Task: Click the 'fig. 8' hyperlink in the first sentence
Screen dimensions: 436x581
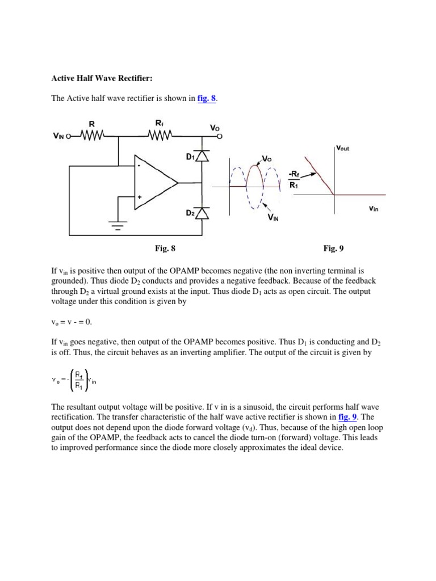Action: point(207,99)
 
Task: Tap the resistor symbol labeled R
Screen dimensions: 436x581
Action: point(91,136)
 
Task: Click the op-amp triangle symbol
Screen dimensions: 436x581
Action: point(154,183)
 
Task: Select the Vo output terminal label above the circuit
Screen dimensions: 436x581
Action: point(215,128)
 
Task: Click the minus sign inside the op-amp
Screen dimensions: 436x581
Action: point(139,166)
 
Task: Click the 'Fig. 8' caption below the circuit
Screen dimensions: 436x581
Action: point(165,248)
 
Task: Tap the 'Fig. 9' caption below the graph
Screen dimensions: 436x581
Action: point(333,248)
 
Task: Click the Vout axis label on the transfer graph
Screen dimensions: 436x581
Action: point(343,149)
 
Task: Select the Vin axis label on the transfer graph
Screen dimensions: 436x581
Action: point(374,208)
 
